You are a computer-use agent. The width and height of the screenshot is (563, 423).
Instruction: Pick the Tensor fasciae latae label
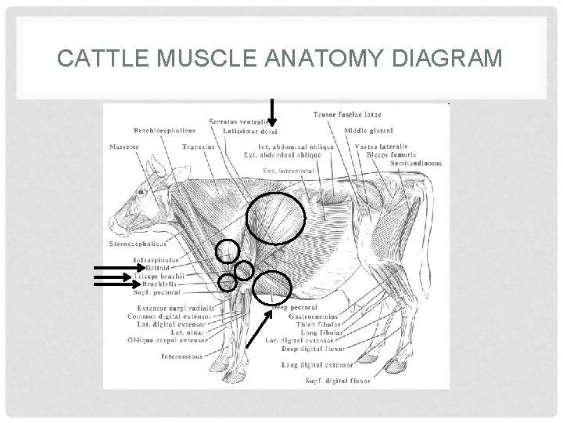point(347,115)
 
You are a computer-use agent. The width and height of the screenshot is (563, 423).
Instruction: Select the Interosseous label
point(181,356)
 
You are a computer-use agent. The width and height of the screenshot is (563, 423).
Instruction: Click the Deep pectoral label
point(297,308)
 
